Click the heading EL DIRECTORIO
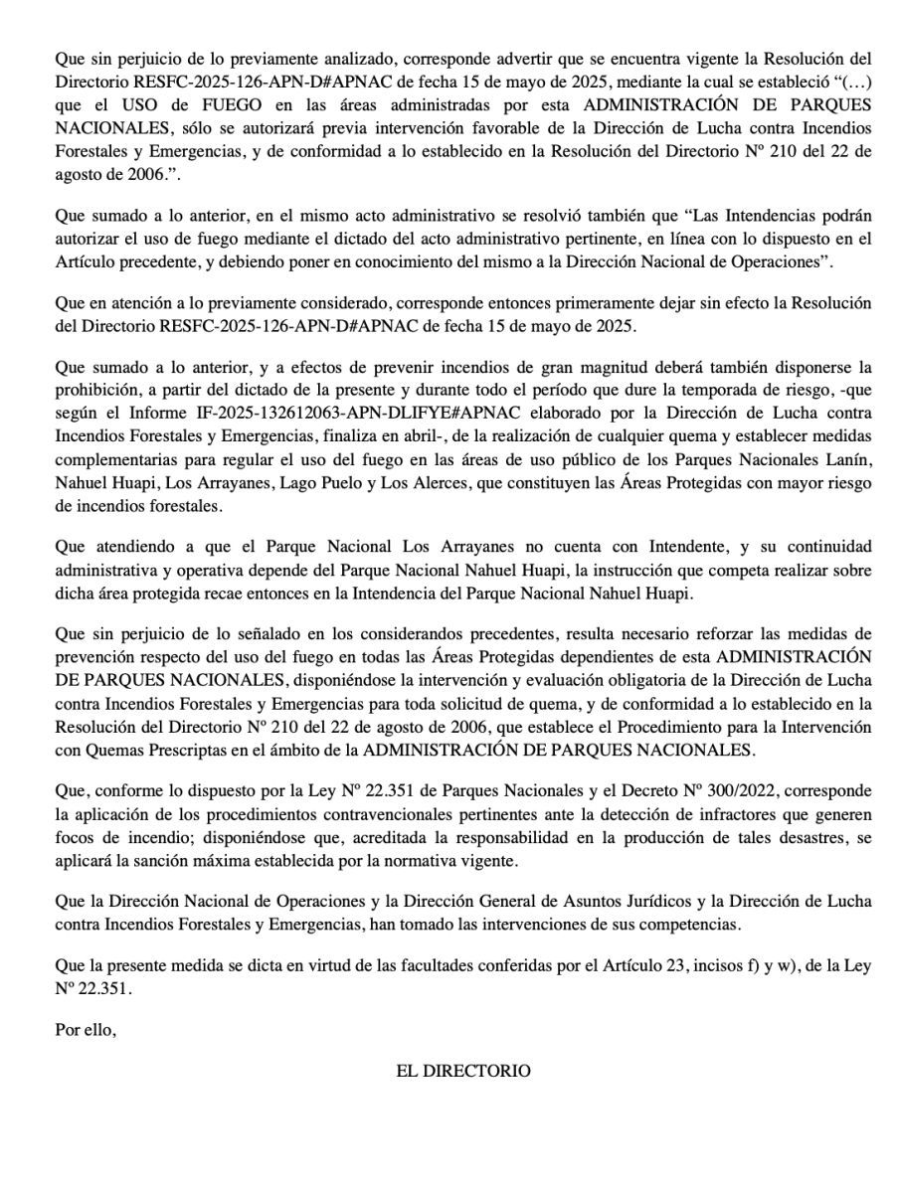pos(462,1071)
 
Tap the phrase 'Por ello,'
pos(86,1030)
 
